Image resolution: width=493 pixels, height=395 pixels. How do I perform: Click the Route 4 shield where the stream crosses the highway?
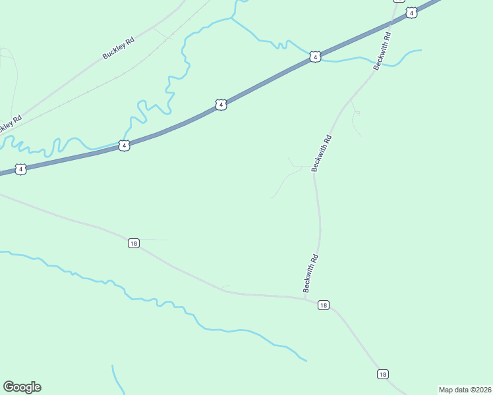[x=316, y=58]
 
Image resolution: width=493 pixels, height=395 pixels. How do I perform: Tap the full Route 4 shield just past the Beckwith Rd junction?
[x=411, y=13]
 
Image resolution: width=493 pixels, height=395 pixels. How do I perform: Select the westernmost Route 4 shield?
[x=21, y=169]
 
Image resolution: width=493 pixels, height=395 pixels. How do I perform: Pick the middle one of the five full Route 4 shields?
[x=221, y=105]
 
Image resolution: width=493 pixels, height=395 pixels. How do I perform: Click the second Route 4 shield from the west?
[x=124, y=145]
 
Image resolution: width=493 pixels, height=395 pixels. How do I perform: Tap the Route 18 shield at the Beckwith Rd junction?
[x=323, y=305]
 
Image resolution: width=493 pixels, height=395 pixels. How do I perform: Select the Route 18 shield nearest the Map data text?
[x=383, y=374]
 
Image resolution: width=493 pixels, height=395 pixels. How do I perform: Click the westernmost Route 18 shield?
[x=134, y=243]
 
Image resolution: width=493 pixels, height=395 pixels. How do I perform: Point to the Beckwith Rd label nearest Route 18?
[x=311, y=273]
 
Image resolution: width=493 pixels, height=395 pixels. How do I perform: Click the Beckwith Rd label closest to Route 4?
[x=383, y=50]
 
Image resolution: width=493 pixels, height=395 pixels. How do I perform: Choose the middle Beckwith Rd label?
[x=323, y=153]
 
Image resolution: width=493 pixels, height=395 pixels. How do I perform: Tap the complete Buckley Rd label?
[x=119, y=49]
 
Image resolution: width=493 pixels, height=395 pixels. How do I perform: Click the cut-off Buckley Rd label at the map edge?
[x=9, y=123]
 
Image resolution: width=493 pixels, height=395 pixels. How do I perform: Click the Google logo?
[x=22, y=387]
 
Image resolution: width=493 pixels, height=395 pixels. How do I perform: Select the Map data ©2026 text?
[x=464, y=390]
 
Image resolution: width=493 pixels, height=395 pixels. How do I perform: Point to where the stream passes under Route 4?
[x=307, y=55]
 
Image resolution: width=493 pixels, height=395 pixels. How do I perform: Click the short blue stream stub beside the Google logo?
[x=116, y=379]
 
